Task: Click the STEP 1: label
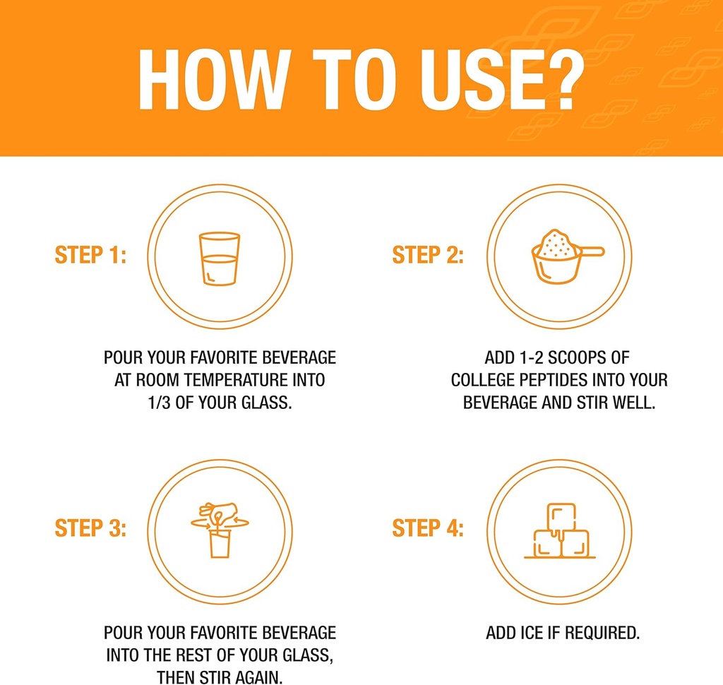90,255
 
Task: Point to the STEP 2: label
428,255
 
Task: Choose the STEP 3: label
90,528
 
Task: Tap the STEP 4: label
428,528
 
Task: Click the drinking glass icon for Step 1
220,258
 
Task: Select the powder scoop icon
568,256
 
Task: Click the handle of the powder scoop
592,251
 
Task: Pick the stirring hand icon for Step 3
220,530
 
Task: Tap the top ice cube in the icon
561,517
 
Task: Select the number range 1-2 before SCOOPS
531,357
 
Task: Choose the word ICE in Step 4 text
532,633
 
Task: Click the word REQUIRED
602,633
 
